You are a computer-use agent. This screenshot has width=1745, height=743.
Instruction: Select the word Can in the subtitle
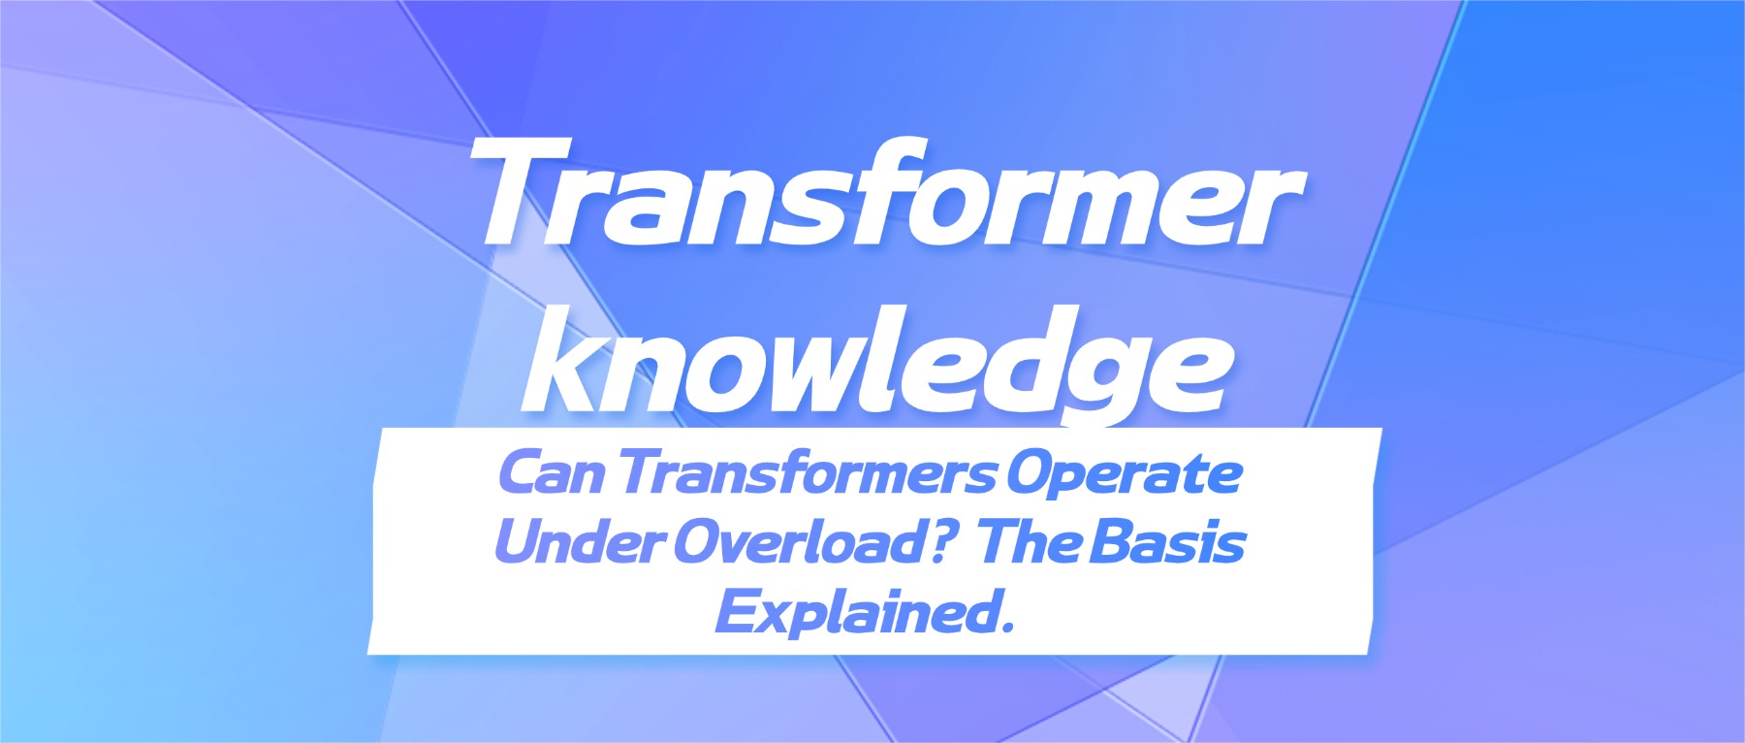click(552, 474)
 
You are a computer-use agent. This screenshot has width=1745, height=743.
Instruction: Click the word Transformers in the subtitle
click(808, 474)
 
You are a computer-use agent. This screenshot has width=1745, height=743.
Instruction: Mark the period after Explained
click(1006, 629)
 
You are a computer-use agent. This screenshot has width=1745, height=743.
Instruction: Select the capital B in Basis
click(1112, 543)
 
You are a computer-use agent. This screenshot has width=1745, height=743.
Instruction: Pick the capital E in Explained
click(737, 613)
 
